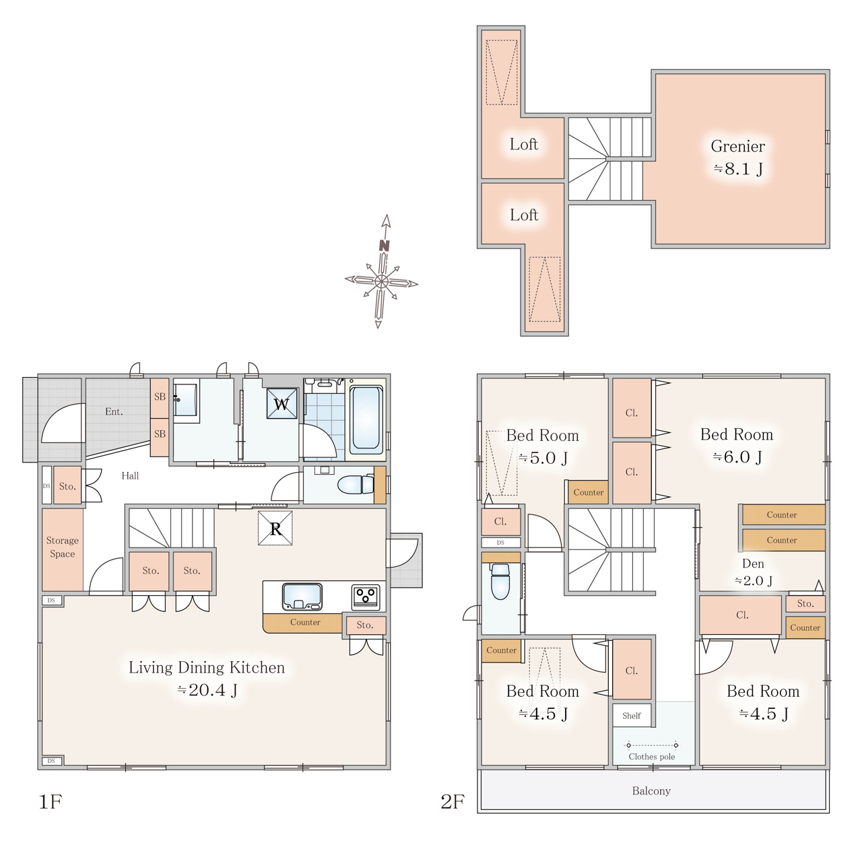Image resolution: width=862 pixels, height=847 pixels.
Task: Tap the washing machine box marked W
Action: point(281,403)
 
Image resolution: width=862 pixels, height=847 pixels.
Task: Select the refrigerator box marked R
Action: point(275,528)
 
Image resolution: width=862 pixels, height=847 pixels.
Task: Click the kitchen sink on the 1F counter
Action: point(302,597)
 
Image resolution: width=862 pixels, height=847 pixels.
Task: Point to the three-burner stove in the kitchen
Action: point(366,597)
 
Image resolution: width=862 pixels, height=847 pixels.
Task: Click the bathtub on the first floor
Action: point(366,419)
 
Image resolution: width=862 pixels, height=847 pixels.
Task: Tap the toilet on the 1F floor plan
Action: point(356,485)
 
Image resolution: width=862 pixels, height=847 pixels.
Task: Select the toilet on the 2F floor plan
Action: point(500,581)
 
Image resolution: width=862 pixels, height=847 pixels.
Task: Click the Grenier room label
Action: point(737,146)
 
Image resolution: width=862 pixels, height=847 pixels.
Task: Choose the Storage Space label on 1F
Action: point(62,547)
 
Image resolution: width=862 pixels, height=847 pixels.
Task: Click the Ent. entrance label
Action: point(114,411)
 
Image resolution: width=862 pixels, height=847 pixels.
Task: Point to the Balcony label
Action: point(651,790)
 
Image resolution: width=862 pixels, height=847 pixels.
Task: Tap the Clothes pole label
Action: point(651,757)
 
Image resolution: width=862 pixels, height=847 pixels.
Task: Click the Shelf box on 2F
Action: point(631,716)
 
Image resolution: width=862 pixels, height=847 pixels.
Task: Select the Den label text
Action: point(753,564)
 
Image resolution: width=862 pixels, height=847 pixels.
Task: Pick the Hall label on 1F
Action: point(130,475)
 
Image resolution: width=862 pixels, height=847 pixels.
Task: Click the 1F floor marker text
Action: point(50,801)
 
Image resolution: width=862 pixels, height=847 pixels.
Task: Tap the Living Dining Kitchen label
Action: point(207,667)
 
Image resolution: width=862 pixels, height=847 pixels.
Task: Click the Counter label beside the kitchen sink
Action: point(305,622)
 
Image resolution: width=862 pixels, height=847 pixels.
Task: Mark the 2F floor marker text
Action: point(453,801)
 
